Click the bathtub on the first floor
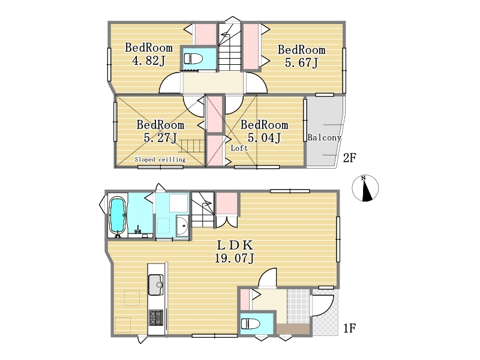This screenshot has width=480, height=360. click(x=118, y=215)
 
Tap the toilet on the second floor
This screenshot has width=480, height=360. click(x=193, y=58)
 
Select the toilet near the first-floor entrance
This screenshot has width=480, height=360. click(x=250, y=324)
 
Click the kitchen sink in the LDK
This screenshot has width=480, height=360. click(x=156, y=284)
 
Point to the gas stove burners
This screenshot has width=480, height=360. click(x=156, y=318)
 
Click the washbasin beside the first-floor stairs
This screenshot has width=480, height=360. click(x=182, y=226)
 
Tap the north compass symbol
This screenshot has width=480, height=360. click(x=365, y=188)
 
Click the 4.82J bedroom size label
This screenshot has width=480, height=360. click(x=148, y=61)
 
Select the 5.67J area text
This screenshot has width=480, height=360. click(x=302, y=63)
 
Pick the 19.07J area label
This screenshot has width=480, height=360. click(x=234, y=259)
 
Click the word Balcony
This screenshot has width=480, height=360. click(x=324, y=137)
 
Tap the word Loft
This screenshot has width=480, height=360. click(x=239, y=148)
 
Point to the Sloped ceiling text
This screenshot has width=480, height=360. click(x=160, y=160)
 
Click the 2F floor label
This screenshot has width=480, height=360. click(x=349, y=158)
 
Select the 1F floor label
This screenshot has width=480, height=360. click(x=349, y=328)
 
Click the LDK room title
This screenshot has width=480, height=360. click(x=235, y=245)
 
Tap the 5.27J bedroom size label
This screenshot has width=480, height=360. click(x=160, y=138)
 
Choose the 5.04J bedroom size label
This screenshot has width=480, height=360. click(x=264, y=138)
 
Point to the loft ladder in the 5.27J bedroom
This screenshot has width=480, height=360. click(x=191, y=146)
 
